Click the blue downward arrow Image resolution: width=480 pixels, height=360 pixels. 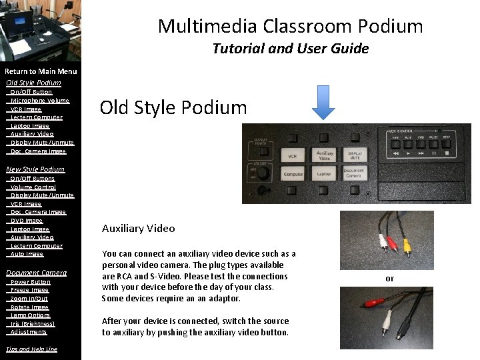coord(324,103)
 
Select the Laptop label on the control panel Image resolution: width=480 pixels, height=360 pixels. coord(324,173)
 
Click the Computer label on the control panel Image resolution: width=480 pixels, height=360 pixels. coord(293,174)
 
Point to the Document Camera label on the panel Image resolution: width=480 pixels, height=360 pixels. coord(353,173)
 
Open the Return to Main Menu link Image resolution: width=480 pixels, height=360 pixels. coord(41,71)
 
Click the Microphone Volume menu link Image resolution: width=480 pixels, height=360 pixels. coord(40,101)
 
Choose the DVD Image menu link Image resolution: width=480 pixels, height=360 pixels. coord(27,221)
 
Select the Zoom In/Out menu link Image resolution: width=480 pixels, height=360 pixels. coord(29,299)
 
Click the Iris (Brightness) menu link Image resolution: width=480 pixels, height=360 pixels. coord(33,323)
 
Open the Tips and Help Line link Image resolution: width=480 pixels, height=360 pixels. coord(31,349)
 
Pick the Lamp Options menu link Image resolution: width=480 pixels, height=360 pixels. coord(30,315)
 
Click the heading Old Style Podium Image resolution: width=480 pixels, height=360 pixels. coord(173,107)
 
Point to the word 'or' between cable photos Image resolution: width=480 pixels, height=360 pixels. coord(390,279)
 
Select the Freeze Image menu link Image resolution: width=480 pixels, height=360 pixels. coord(30,290)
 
